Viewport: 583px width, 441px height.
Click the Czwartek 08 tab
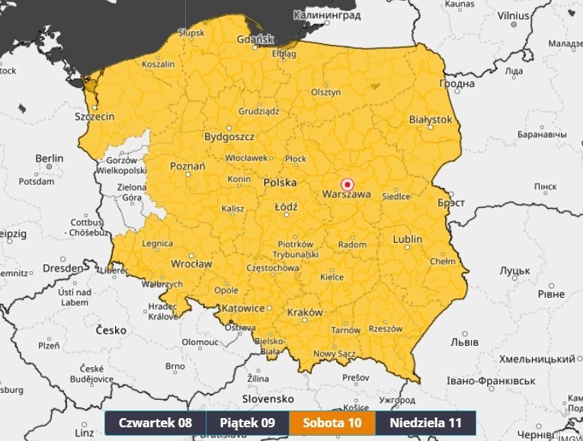pyautogui.click(x=155, y=423)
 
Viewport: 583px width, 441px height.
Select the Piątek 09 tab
pyautogui.click(x=247, y=423)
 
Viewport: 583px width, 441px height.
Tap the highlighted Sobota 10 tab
pyautogui.click(x=332, y=423)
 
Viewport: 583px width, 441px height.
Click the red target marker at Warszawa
pyautogui.click(x=347, y=184)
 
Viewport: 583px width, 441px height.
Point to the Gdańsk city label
pyautogui.click(x=255, y=39)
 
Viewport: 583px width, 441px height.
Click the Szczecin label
pyautogui.click(x=94, y=117)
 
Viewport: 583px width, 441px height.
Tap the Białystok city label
pyautogui.click(x=431, y=120)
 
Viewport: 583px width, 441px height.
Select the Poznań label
pyautogui.click(x=187, y=165)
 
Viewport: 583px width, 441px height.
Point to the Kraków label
pyautogui.click(x=305, y=312)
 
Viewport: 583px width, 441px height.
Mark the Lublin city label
pyautogui.click(x=407, y=239)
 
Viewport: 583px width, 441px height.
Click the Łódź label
pyautogui.click(x=287, y=206)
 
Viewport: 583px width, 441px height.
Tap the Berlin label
pyautogui.click(x=49, y=158)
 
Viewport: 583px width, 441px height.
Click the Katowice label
pyautogui.click(x=243, y=308)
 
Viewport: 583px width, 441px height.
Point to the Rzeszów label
pyautogui.click(x=384, y=328)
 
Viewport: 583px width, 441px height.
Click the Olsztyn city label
pyautogui.click(x=325, y=92)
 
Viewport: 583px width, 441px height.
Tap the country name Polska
pyautogui.click(x=280, y=184)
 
